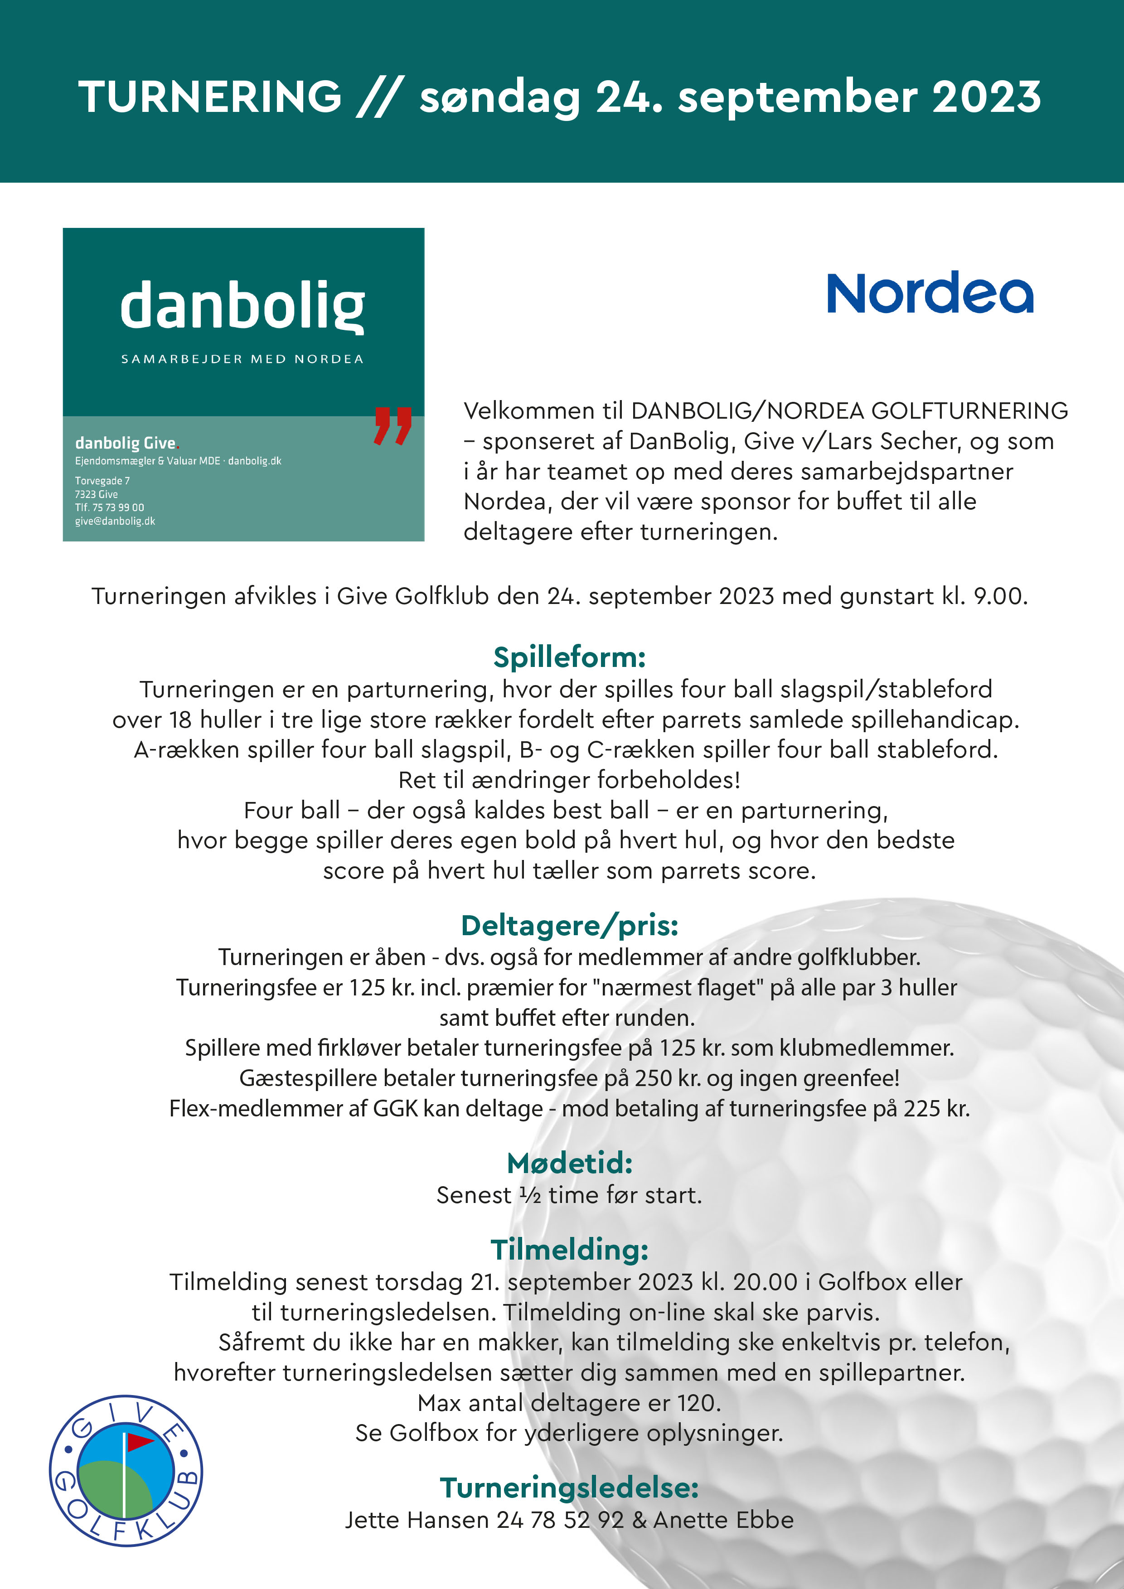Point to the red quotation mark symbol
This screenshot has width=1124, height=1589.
[392, 425]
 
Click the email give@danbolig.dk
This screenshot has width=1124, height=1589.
[115, 521]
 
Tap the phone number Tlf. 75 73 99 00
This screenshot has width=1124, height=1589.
[109, 507]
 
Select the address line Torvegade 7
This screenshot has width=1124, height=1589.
[102, 480]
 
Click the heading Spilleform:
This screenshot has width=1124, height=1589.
[569, 657]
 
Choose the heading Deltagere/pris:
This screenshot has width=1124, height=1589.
[569, 925]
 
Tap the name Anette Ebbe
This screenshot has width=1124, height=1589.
[723, 1520]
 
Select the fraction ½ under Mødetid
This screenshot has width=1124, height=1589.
[530, 1195]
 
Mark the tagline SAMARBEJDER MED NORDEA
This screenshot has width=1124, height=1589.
[242, 358]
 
